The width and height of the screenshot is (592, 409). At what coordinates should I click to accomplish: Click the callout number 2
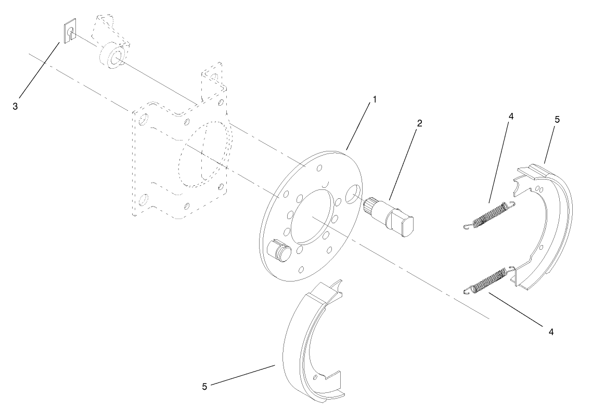(419, 123)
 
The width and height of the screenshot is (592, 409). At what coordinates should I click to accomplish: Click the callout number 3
(16, 106)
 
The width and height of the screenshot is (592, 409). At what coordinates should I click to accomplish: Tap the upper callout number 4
(511, 117)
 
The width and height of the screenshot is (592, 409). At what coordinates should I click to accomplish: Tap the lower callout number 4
(550, 330)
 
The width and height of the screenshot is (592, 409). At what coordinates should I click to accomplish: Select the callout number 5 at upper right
(557, 120)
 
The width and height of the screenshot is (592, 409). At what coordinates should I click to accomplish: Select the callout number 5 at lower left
(205, 386)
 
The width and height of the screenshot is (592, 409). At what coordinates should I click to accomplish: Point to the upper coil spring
(492, 214)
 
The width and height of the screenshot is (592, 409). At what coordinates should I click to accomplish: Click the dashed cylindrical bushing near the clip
(112, 56)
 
